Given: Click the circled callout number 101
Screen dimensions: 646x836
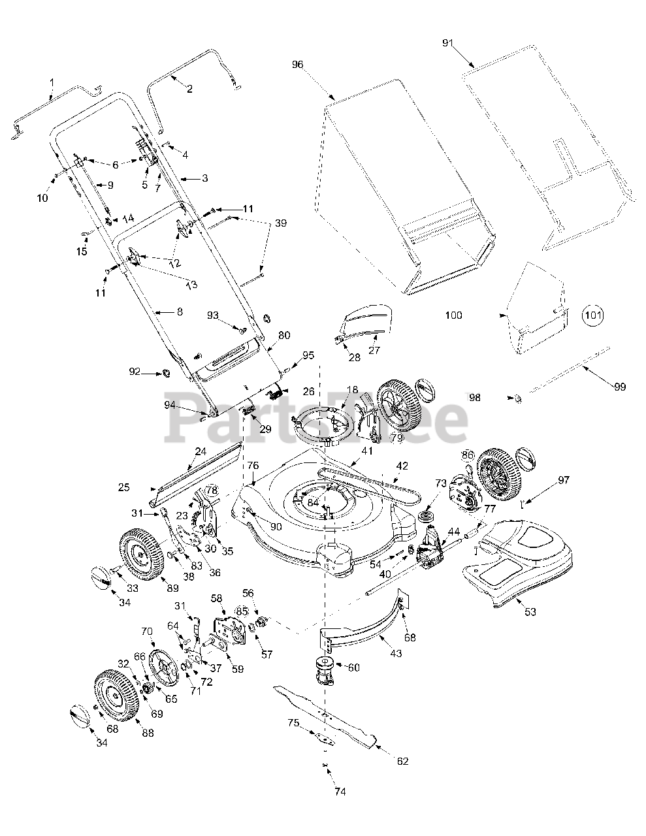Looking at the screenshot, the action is pos(593,315).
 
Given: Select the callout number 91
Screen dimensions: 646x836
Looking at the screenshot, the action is pos(448,42).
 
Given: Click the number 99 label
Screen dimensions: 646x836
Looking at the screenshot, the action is pos(620,387).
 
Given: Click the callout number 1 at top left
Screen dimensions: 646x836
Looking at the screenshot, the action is pos(52,82).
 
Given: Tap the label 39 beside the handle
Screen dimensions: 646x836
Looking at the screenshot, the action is pos(280,223).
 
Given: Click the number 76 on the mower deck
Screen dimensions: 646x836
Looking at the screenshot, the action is pos(253,466).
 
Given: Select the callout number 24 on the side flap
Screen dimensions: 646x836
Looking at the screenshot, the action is pos(201,451).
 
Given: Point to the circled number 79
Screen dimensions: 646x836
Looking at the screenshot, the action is pos(396,438).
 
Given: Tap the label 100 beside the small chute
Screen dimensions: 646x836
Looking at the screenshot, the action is pos(453,315).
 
